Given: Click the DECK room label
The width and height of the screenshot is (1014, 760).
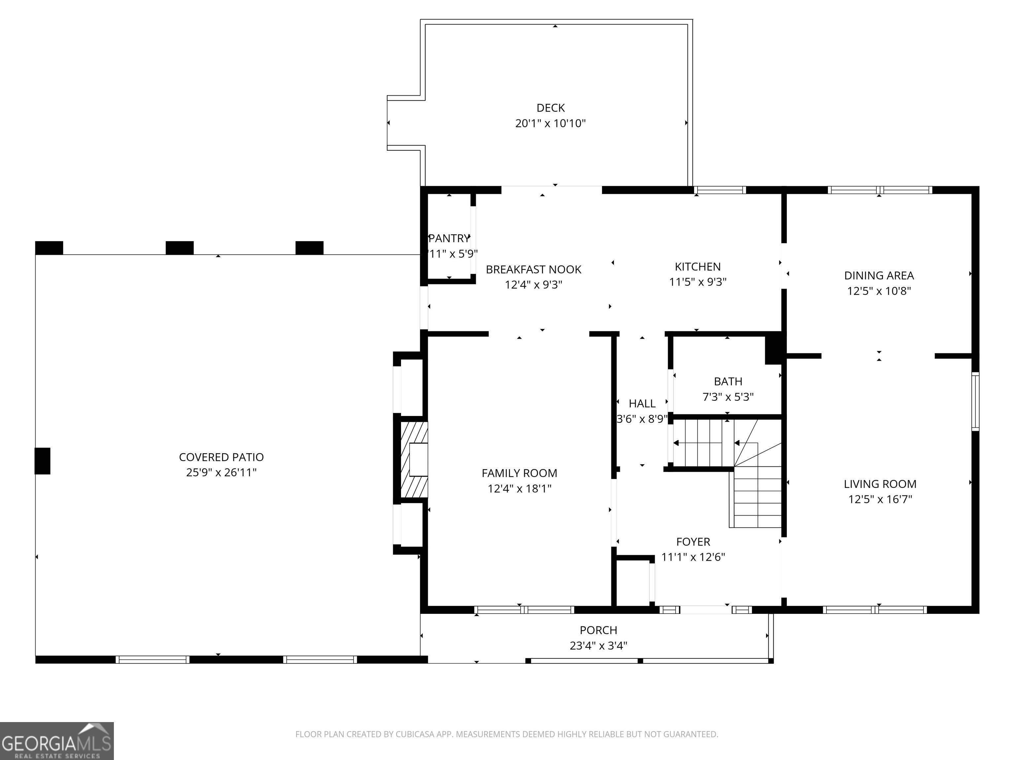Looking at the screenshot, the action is pyautogui.click(x=551, y=108).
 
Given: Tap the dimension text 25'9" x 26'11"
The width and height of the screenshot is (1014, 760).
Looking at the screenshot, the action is pyautogui.click(x=221, y=472).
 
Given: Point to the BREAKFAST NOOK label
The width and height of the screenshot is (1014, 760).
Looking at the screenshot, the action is pyautogui.click(x=534, y=269).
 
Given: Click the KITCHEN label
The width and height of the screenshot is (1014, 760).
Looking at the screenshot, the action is pyautogui.click(x=698, y=267).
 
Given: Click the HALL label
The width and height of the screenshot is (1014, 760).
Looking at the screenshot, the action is pyautogui.click(x=642, y=404).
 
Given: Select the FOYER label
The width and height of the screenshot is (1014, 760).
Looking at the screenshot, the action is pyautogui.click(x=693, y=542).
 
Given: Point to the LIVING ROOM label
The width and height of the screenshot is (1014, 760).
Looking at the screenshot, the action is pyautogui.click(x=880, y=484).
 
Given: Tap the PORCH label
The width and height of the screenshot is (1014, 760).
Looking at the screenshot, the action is pyautogui.click(x=598, y=630).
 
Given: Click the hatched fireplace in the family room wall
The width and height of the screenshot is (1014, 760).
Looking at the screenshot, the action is pyautogui.click(x=414, y=459).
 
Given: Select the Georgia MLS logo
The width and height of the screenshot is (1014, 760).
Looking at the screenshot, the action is pyautogui.click(x=57, y=741).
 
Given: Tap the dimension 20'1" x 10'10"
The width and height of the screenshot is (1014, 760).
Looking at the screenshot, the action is pyautogui.click(x=551, y=123).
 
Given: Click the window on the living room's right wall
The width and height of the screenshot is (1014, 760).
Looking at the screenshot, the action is pyautogui.click(x=975, y=401).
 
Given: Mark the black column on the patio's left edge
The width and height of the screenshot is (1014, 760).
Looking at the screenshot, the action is pyautogui.click(x=43, y=461).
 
